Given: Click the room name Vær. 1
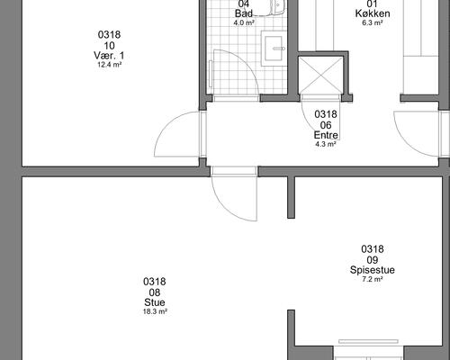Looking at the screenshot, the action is (x=109, y=55).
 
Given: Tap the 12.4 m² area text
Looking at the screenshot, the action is (x=109, y=65).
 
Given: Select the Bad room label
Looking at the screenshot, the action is (x=244, y=13).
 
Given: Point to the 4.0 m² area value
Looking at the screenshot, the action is (x=244, y=22).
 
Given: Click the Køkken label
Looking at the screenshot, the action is (x=373, y=13).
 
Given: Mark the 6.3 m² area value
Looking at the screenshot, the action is (x=373, y=22).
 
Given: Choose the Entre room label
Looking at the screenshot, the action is (x=326, y=135).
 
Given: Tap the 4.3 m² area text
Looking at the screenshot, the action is (x=326, y=144).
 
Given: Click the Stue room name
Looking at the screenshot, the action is (x=155, y=302).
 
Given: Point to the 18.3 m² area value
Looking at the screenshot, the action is (x=155, y=311).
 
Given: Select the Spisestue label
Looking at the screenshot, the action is (x=373, y=270).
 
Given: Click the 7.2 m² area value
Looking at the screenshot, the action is (x=373, y=279).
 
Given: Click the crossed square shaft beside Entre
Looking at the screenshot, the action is (x=321, y=75).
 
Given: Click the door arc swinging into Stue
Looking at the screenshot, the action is (x=227, y=207).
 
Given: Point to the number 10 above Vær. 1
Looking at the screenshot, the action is (x=109, y=46).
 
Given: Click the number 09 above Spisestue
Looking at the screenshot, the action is (x=373, y=260).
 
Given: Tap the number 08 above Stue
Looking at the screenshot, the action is (x=155, y=292).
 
